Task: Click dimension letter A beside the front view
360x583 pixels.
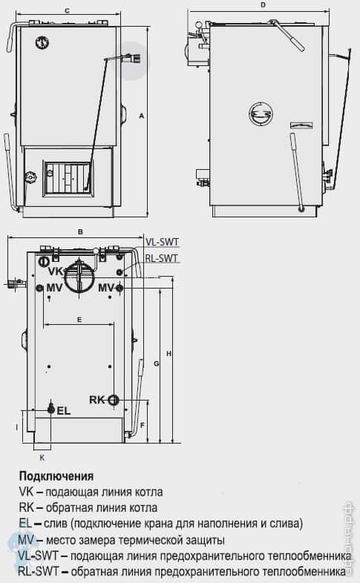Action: pos(140,115)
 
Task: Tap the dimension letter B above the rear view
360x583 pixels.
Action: pos(79,231)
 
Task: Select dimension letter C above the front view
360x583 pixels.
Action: pos(67,10)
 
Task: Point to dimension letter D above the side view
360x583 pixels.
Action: pos(264,5)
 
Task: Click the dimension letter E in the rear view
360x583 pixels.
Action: pos(78,318)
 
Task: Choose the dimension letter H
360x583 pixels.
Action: pos(169,354)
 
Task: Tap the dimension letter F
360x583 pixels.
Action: pos(141,425)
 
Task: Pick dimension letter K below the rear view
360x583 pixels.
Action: pos(42,458)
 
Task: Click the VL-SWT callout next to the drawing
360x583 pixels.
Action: pos(162,242)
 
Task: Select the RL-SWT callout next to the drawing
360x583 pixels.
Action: pos(162,258)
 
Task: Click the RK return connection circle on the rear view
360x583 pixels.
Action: pos(114,400)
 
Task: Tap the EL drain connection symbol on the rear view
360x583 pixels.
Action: pos(50,409)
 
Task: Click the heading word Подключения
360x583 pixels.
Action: pos(56,476)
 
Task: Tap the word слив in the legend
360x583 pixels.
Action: pos(50,524)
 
